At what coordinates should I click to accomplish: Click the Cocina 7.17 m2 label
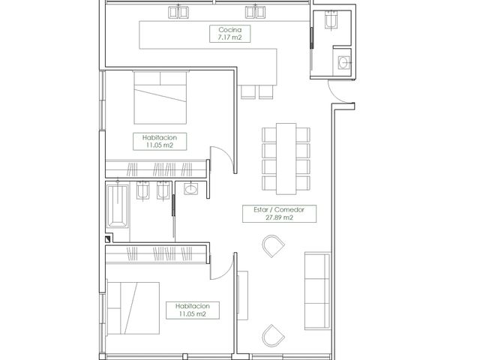(230, 34)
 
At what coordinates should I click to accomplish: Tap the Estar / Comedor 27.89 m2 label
(279, 213)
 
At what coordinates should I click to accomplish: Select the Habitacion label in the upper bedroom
(160, 142)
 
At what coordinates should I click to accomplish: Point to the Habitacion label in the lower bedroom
(193, 310)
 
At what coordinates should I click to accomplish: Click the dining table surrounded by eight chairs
(286, 158)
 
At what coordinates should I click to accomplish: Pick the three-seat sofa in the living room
(318, 291)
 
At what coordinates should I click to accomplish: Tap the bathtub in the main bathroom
(118, 205)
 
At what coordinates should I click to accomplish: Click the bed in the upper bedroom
(160, 97)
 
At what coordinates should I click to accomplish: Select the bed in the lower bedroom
(133, 308)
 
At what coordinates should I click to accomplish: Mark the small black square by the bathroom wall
(107, 239)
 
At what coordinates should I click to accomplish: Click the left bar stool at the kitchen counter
(248, 92)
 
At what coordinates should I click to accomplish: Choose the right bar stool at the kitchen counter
(266, 92)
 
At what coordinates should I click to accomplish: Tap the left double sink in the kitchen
(178, 12)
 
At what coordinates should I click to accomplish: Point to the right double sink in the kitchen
(255, 12)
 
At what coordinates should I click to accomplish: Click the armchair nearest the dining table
(273, 246)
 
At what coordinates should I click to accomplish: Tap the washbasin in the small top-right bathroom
(344, 63)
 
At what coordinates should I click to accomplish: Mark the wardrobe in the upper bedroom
(156, 169)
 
